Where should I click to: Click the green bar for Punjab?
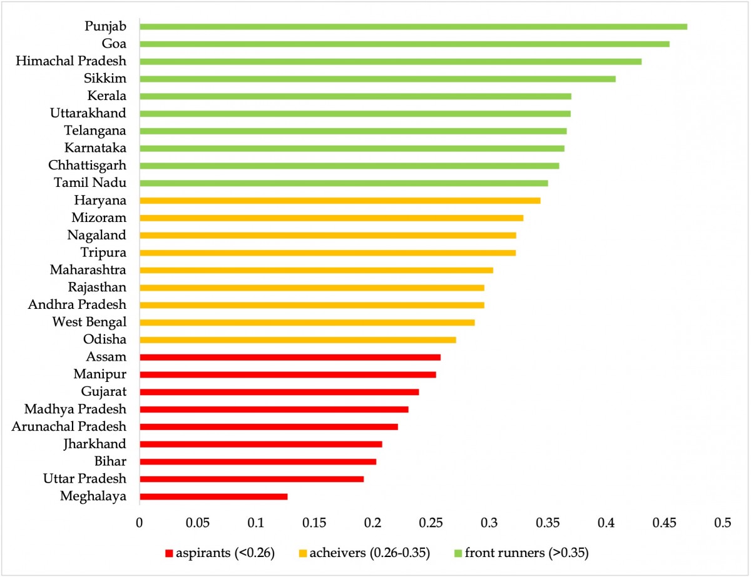tap(413, 26)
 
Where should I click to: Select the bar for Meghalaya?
tap(213, 496)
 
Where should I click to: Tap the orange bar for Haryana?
tap(340, 201)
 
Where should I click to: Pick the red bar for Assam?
tap(290, 357)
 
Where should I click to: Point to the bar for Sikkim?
tap(377, 79)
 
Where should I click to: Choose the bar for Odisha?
tap(298, 339)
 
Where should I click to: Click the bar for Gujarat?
tap(279, 392)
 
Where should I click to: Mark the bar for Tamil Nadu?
tap(344, 183)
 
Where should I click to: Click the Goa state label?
tap(114, 44)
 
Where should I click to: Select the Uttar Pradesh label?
tap(85, 479)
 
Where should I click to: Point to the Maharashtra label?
tap(88, 270)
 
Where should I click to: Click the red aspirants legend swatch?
tap(168, 553)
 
